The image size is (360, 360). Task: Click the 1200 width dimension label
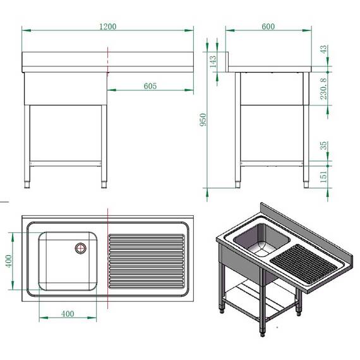[107, 27]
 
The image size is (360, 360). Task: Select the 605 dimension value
[150, 87]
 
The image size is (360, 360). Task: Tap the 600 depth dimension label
[268, 27]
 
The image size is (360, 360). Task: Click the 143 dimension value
[213, 61]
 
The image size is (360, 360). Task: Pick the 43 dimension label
[323, 49]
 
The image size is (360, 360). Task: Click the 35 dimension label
[323, 146]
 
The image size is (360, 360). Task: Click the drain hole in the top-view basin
[81, 248]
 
